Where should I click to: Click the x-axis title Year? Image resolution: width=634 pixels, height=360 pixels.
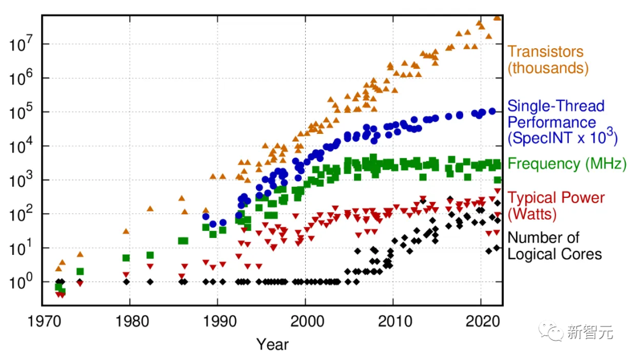point(272,344)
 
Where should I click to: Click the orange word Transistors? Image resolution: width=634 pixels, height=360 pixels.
point(545,52)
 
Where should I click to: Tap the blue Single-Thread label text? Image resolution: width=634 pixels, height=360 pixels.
point(555,106)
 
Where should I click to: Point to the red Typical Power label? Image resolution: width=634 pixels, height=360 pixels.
point(555,198)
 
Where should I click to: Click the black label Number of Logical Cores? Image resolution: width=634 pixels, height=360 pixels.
point(554,246)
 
